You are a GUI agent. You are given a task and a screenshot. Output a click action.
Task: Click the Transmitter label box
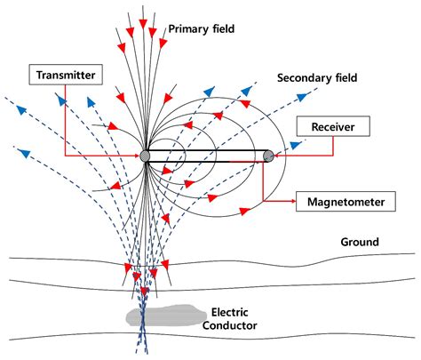tap(66, 75)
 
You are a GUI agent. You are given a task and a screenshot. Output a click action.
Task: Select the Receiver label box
tap(333, 126)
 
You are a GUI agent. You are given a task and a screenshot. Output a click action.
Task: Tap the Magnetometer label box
tap(346, 202)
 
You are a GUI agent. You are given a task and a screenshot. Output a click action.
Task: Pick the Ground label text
tap(360, 242)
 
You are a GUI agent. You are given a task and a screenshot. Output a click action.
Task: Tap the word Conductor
tap(229, 325)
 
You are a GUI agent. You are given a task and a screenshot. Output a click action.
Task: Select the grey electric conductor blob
tap(166, 316)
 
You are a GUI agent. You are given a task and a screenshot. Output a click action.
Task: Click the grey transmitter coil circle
tap(145, 156)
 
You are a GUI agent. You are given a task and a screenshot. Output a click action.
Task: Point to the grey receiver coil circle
tap(268, 156)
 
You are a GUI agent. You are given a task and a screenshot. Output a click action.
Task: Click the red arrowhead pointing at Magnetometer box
tap(293, 201)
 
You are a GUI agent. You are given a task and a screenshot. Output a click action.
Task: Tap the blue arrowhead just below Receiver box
tap(295, 145)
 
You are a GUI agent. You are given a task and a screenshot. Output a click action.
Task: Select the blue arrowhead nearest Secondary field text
tap(302, 97)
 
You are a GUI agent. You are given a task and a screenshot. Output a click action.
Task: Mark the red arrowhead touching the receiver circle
tap(276, 155)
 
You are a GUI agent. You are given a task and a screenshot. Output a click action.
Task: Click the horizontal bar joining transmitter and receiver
tap(207, 156)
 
